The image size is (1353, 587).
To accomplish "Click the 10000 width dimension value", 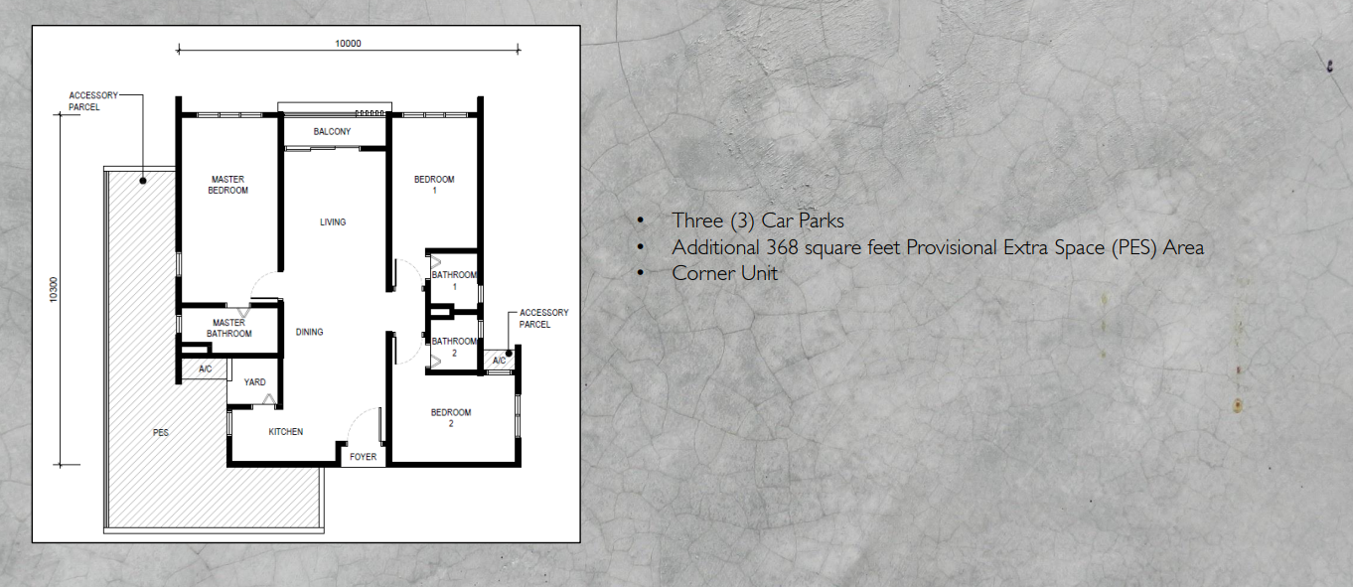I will pos(348,43).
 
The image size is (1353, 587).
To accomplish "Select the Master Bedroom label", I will pos(227,185).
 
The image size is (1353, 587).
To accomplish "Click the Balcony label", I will pos(332,132).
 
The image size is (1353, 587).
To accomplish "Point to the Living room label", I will pos(333,221).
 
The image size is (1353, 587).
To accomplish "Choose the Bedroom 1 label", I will pos(434,185).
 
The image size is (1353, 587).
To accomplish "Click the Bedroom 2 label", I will pos(450,417).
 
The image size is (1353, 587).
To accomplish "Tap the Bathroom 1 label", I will pos(454,280).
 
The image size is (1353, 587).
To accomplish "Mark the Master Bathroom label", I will pos(228,328).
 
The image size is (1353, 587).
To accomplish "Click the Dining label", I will pos(309,332).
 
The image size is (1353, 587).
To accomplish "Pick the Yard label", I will pos(254,381).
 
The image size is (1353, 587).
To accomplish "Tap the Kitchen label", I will pos(285,432).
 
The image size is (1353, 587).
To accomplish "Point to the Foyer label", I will pos(364,457).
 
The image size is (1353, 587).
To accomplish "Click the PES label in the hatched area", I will pos(161,433).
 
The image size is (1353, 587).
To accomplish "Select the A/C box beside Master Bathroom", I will pos(206,369).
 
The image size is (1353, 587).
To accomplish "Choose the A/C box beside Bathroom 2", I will pos(499,360).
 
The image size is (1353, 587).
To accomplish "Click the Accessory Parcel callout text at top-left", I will pos(92,101).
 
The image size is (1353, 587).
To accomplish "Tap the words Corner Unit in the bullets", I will pos(724,273).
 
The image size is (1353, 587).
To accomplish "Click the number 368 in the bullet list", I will pos(785,247).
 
